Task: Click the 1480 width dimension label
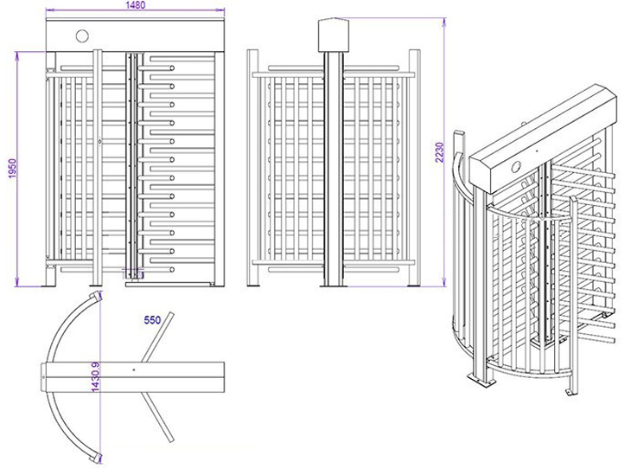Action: [135, 5]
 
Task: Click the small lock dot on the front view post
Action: [100, 142]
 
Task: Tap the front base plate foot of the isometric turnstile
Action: [475, 381]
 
